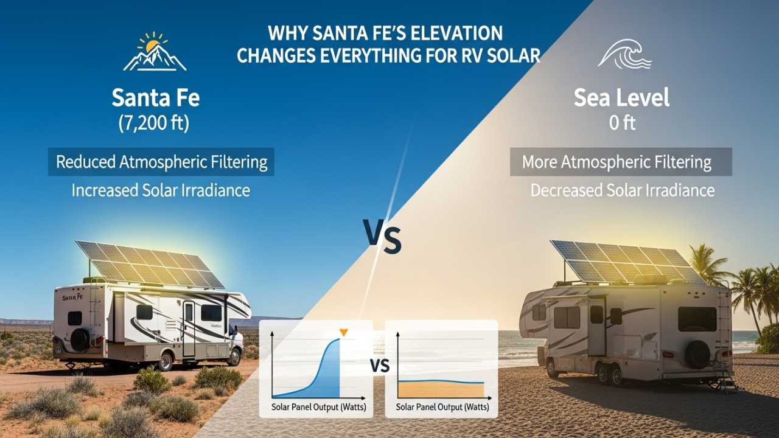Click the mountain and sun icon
pos(155,52)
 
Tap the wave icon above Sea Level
pos(624,54)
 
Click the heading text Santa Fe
pos(155,97)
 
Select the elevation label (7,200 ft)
pos(155,124)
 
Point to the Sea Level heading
pos(621,97)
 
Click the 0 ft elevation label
pos(621,123)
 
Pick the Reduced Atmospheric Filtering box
pos(161,162)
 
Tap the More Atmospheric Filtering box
pos(621,162)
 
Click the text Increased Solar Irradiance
pos(161,190)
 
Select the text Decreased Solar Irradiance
pos(622,190)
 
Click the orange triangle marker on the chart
pos(343,332)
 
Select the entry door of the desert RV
pos(189,328)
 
